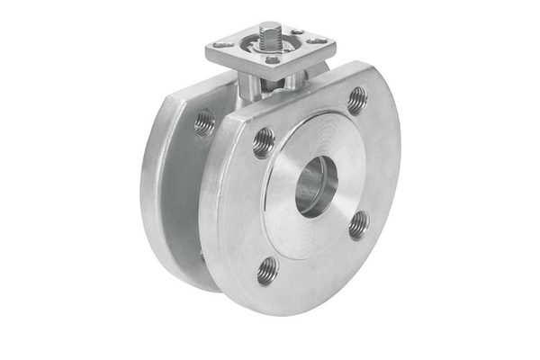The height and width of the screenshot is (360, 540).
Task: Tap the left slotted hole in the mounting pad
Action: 222,43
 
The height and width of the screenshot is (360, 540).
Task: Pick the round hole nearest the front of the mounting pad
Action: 272,59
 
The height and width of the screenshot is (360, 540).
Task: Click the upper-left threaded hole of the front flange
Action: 264,141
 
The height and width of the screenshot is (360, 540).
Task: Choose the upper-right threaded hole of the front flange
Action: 356,99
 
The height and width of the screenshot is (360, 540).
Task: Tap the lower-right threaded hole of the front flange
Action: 358,223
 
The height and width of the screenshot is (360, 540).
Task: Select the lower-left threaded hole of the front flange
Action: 267,270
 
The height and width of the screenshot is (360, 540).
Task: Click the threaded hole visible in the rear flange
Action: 204,121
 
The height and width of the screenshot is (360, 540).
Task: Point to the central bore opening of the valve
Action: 316,184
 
